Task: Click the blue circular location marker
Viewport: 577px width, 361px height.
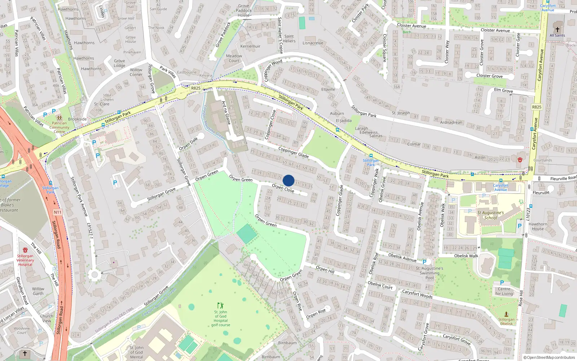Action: (288, 180)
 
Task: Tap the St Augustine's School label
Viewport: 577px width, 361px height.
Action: (490, 215)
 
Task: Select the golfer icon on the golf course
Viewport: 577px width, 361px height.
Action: (220, 305)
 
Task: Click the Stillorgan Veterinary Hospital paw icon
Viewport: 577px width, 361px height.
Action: (25, 250)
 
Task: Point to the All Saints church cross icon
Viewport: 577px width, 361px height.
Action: (557, 30)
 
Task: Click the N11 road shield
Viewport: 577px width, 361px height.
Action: (58, 212)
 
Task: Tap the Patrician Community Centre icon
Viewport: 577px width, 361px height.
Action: (59, 118)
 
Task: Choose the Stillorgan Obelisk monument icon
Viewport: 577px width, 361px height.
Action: (506, 314)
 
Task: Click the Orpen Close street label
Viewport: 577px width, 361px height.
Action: (283, 188)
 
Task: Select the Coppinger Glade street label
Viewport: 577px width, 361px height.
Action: (293, 152)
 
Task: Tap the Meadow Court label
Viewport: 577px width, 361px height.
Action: (234, 58)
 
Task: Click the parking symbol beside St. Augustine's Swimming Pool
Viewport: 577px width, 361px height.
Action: (424, 262)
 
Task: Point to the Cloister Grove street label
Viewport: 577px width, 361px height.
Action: (489, 76)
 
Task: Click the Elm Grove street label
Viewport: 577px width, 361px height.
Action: (503, 90)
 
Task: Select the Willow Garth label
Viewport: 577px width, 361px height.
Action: (38, 291)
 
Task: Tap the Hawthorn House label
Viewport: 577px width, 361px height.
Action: (538, 226)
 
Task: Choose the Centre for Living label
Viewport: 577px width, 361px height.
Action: (504, 291)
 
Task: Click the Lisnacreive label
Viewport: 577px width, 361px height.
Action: (313, 43)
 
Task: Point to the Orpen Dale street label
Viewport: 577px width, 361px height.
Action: (188, 144)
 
